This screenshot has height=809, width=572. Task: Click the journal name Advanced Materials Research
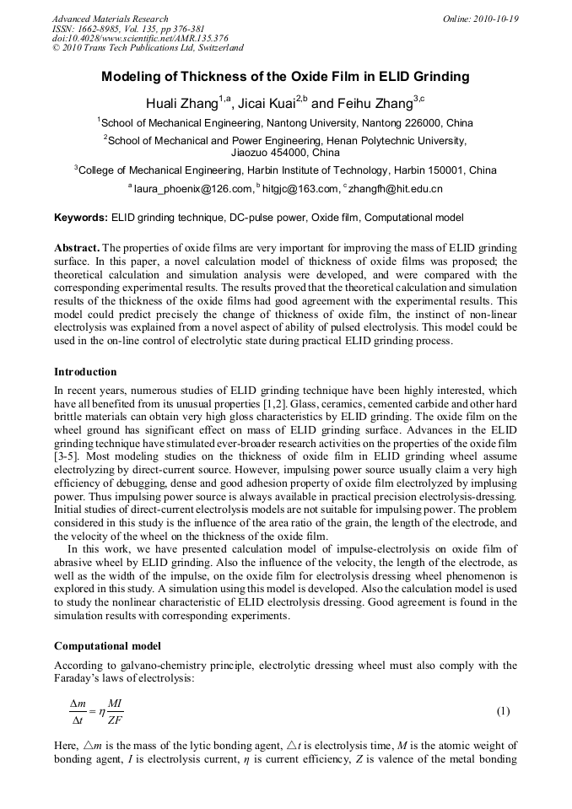[x=110, y=19]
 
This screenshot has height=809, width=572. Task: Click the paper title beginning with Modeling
[x=285, y=77]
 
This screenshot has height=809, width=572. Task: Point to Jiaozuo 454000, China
[x=285, y=153]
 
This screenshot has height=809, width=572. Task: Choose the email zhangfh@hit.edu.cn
[x=396, y=189]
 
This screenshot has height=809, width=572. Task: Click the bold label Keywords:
[x=81, y=218]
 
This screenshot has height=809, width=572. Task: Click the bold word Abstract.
[x=78, y=249]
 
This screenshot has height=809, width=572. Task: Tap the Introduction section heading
[x=85, y=371]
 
